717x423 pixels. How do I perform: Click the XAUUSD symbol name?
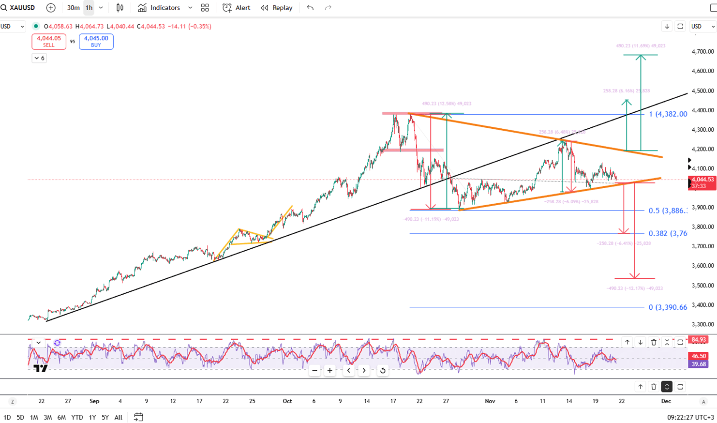pyautogui.click(x=22, y=8)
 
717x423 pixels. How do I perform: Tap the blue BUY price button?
pyautogui.click(x=96, y=42)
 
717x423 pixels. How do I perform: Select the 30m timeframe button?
pyautogui.click(x=73, y=8)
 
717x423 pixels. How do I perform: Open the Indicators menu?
pyautogui.click(x=159, y=8)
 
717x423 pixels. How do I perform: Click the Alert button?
pyautogui.click(x=237, y=8)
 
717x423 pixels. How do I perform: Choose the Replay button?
pyautogui.click(x=277, y=8)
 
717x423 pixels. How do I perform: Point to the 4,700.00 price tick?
pyautogui.click(x=703, y=51)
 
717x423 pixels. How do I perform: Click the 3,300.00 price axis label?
pyautogui.click(x=703, y=324)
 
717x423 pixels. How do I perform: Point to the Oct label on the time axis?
pyautogui.click(x=287, y=401)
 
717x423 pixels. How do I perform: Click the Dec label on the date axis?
pyautogui.click(x=666, y=401)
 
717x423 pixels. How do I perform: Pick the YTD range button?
pyautogui.click(x=77, y=417)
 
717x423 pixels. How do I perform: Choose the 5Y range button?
pyautogui.click(x=105, y=417)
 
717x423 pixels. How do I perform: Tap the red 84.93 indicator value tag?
pyautogui.click(x=699, y=340)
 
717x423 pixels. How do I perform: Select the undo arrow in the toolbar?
pyautogui.click(x=310, y=8)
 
